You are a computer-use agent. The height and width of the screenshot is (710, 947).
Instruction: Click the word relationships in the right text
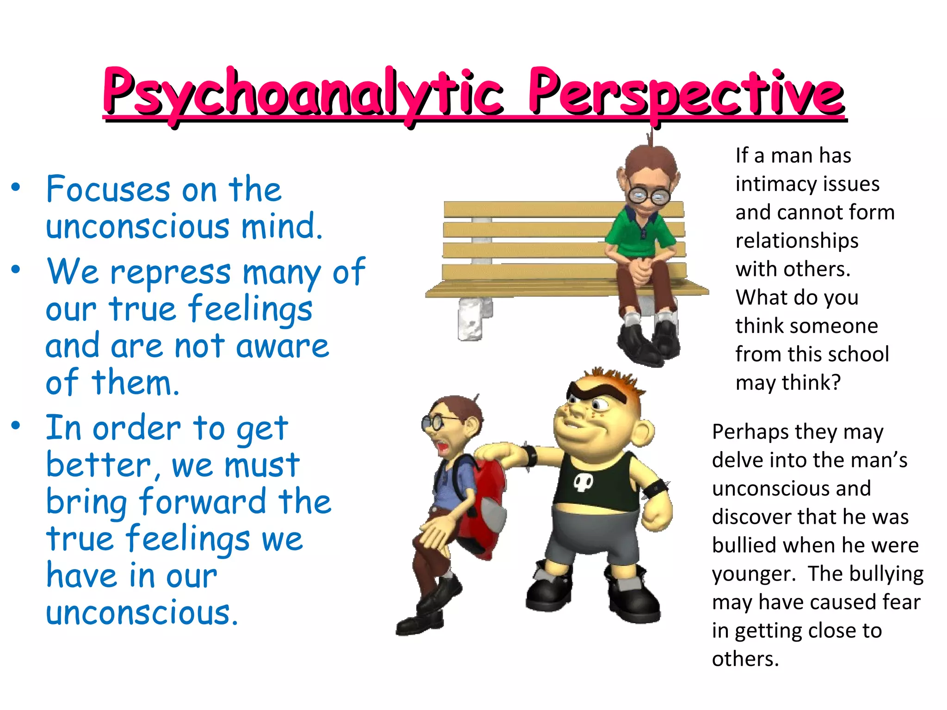point(797,241)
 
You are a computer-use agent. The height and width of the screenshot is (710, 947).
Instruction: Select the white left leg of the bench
point(470,319)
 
